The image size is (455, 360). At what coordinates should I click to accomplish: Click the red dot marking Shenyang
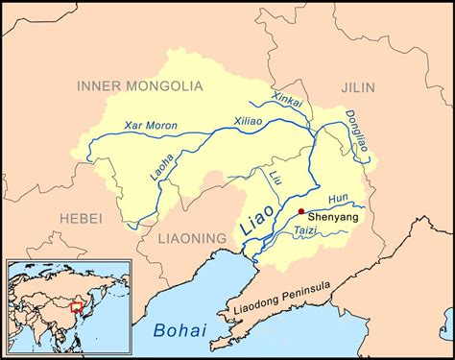click(301, 211)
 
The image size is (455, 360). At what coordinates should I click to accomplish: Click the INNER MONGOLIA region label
click(139, 85)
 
